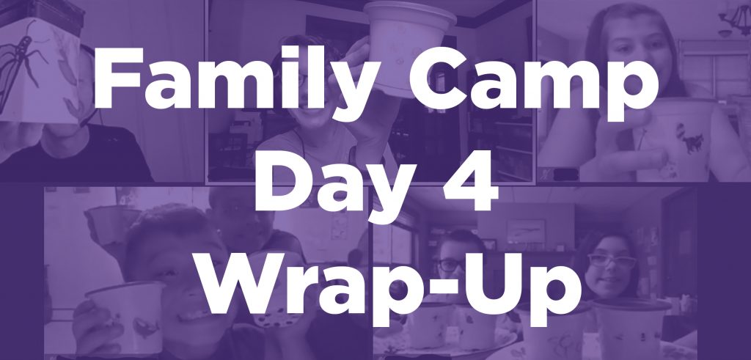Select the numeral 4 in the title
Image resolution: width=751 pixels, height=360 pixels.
coord(470,180)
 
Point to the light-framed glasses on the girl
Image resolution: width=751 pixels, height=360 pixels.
coord(611,261)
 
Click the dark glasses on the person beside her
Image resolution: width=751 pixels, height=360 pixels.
coord(451,264)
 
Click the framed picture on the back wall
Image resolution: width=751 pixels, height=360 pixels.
coord(526,232)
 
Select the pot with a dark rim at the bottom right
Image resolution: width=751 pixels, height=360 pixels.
coord(631,326)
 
